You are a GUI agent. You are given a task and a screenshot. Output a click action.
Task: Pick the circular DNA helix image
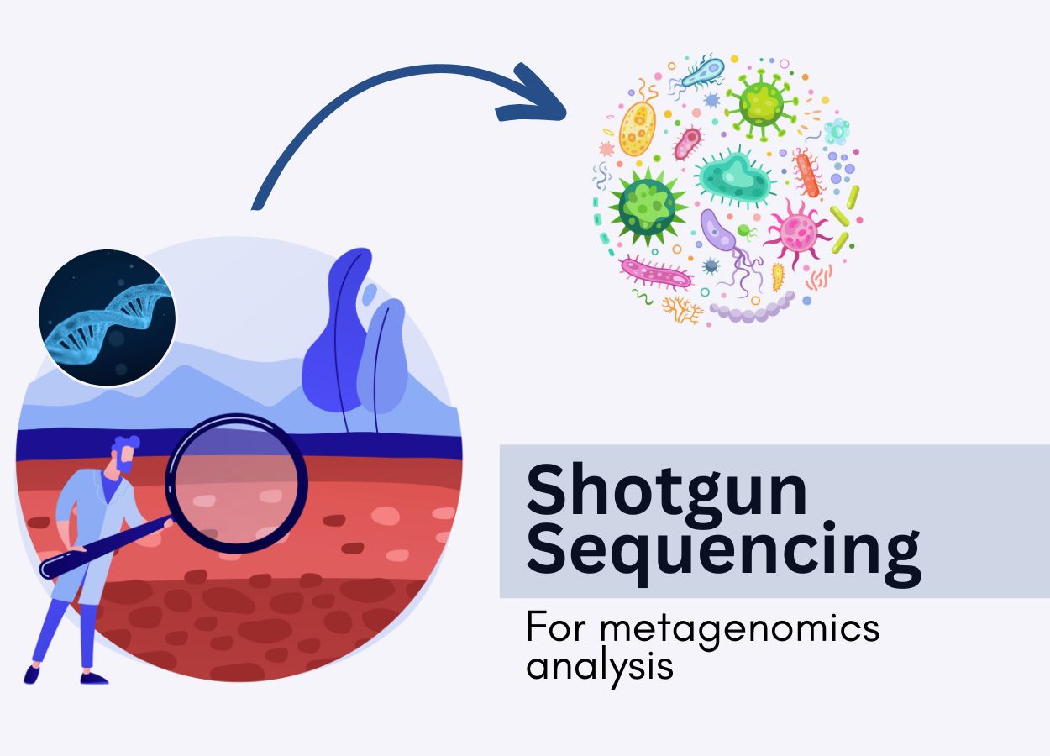click(108, 318)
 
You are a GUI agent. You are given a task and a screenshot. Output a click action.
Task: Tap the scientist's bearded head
click(124, 454)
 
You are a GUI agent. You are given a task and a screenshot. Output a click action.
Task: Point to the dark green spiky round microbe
click(648, 204)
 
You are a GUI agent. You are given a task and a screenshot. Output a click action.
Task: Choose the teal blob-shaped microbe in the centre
click(734, 176)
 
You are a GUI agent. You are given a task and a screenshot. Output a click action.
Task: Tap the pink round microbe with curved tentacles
click(795, 229)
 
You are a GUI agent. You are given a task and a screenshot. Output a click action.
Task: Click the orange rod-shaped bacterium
click(807, 175)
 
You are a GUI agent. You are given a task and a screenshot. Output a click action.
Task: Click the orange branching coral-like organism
click(682, 308)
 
